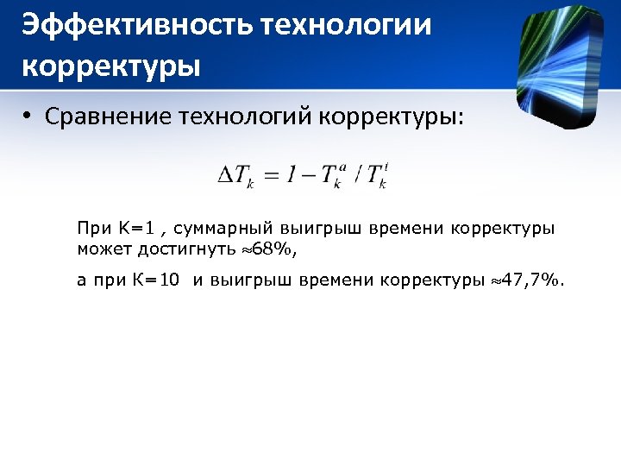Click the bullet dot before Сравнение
point(28,116)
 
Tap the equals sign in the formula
point(272,175)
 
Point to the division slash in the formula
point(356,175)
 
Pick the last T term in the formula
point(377,175)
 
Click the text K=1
point(135,229)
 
